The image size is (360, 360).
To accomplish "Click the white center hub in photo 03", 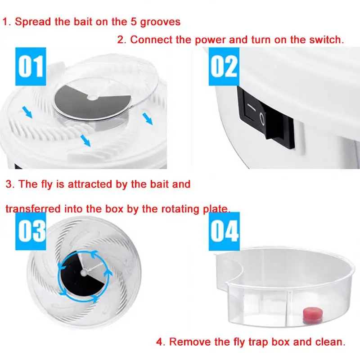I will pos(84,272).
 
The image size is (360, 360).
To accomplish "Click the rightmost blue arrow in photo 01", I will pos(148,119).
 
